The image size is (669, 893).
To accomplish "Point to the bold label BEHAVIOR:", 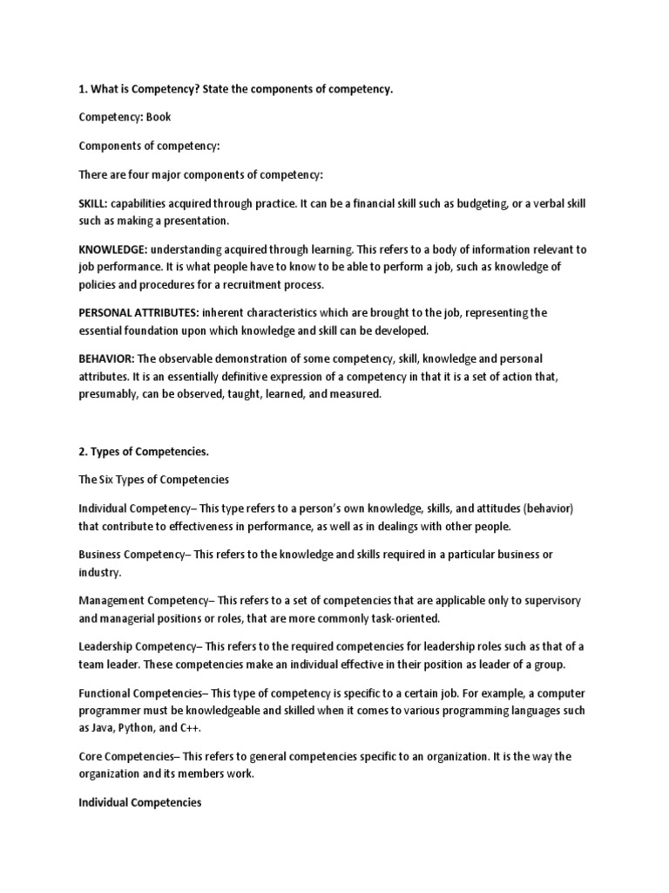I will point(106,358).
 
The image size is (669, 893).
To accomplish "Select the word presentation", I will point(193,220).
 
